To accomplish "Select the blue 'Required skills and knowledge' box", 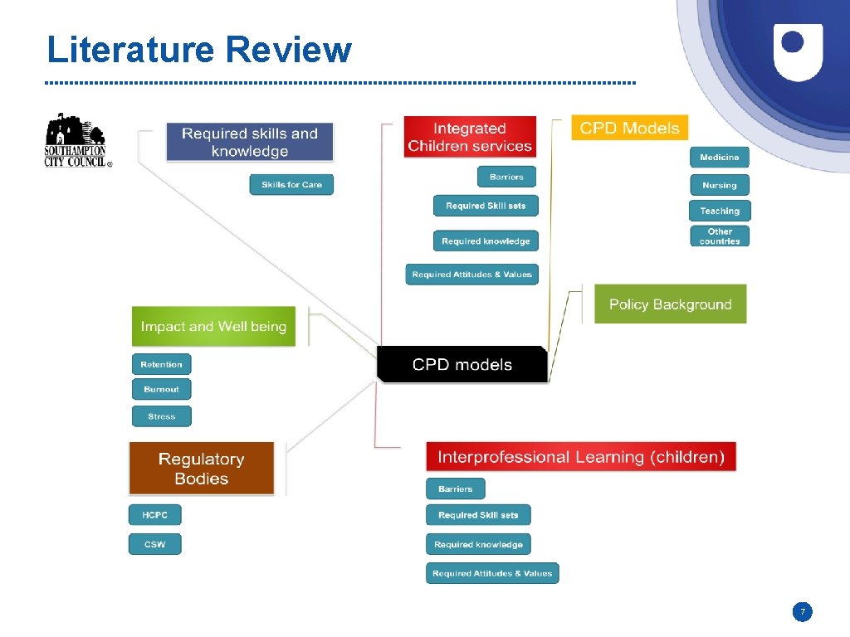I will (x=249, y=142).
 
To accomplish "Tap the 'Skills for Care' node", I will (x=291, y=185).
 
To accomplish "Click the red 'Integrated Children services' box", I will (x=470, y=137).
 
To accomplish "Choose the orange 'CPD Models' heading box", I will (x=629, y=128).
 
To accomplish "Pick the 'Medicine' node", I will (x=719, y=158).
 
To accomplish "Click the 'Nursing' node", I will (x=719, y=185).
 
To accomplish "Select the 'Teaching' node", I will (x=719, y=211).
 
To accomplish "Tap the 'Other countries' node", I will (x=719, y=236).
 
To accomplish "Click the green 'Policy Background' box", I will (x=670, y=304).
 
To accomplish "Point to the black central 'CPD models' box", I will (x=462, y=364).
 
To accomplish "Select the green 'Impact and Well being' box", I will (x=213, y=327).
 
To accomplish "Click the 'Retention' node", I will (x=161, y=364).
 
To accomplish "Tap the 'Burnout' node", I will (x=161, y=389).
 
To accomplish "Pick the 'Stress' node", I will (x=161, y=416).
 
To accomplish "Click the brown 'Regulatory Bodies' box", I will (x=201, y=469).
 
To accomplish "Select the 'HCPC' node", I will (x=154, y=515).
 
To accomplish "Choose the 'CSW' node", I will (x=154, y=544).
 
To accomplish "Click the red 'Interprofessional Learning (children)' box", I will (x=580, y=457).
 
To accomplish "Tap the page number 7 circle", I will (x=802, y=612).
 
